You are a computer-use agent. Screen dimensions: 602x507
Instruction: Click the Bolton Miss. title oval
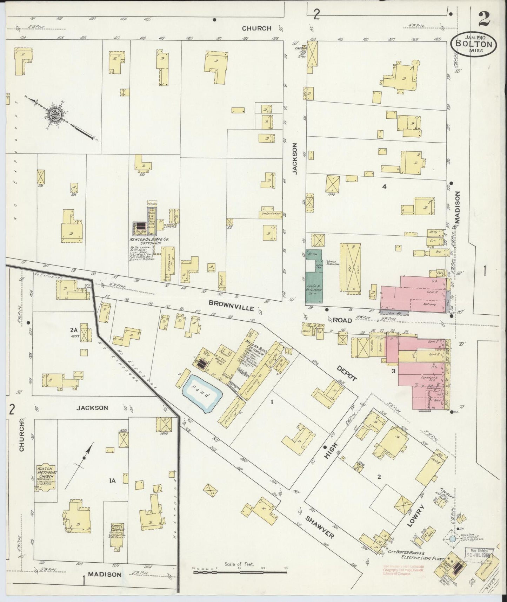click(x=474, y=44)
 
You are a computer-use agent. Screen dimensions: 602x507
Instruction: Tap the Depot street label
click(x=347, y=373)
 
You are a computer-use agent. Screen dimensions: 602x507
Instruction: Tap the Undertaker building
click(x=271, y=214)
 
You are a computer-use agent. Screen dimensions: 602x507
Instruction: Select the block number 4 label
click(x=384, y=187)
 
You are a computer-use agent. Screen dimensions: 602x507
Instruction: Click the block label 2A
click(x=73, y=330)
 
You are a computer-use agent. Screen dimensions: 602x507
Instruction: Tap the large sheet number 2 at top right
click(x=484, y=18)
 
